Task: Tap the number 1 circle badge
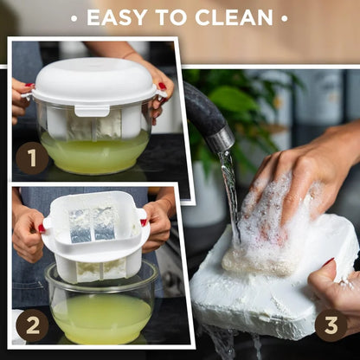pyautogui.click(x=32, y=157)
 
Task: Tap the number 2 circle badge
pyautogui.click(x=32, y=325)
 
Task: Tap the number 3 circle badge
pyautogui.click(x=331, y=325)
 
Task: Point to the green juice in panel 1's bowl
pyautogui.click(x=94, y=154)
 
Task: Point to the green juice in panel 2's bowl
pyautogui.click(x=100, y=316)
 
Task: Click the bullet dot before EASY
pyautogui.click(x=74, y=17)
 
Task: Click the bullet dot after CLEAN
pyautogui.click(x=285, y=17)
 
